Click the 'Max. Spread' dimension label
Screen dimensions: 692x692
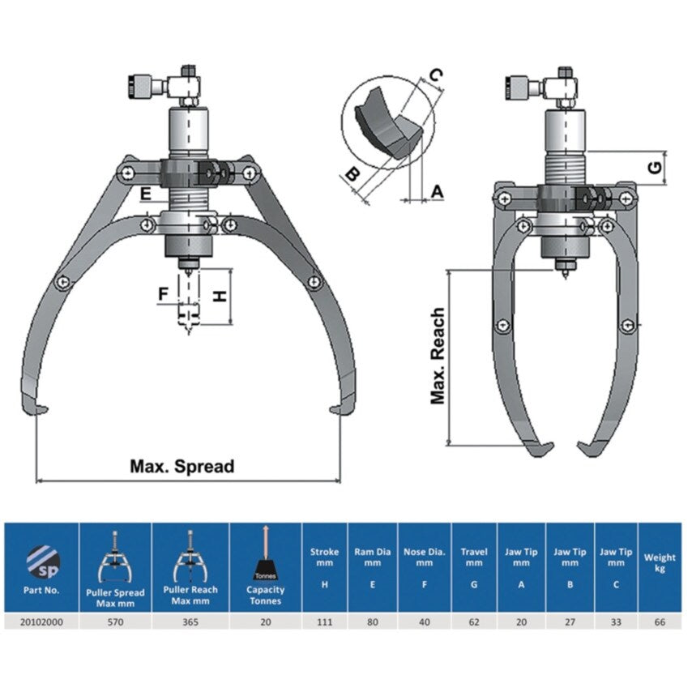(x=182, y=467)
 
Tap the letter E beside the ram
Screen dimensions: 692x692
(x=145, y=194)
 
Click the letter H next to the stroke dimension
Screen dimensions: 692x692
(x=219, y=297)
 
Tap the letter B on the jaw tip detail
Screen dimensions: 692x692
(x=350, y=174)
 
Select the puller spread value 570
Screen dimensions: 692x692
(x=114, y=622)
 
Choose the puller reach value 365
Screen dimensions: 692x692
(x=190, y=622)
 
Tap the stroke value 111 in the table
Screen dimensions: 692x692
(x=324, y=622)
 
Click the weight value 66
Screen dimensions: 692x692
(x=660, y=622)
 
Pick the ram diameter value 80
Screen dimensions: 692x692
(x=372, y=622)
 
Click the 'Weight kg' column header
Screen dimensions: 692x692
(x=660, y=562)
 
